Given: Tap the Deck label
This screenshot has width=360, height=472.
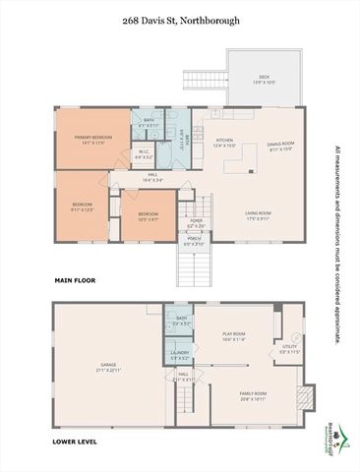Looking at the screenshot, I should point(264,78).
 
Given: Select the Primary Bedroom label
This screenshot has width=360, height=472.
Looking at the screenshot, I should point(95,140).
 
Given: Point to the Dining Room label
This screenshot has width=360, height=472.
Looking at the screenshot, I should point(281,147).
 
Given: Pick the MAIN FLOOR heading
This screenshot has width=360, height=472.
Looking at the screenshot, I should point(74,280).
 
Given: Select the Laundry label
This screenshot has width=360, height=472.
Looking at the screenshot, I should point(180,355).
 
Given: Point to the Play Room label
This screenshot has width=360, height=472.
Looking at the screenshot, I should point(233,337).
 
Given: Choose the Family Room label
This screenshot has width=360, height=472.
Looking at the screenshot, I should point(254,396).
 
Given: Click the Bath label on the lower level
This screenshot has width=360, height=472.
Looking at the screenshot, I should point(181,321).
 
